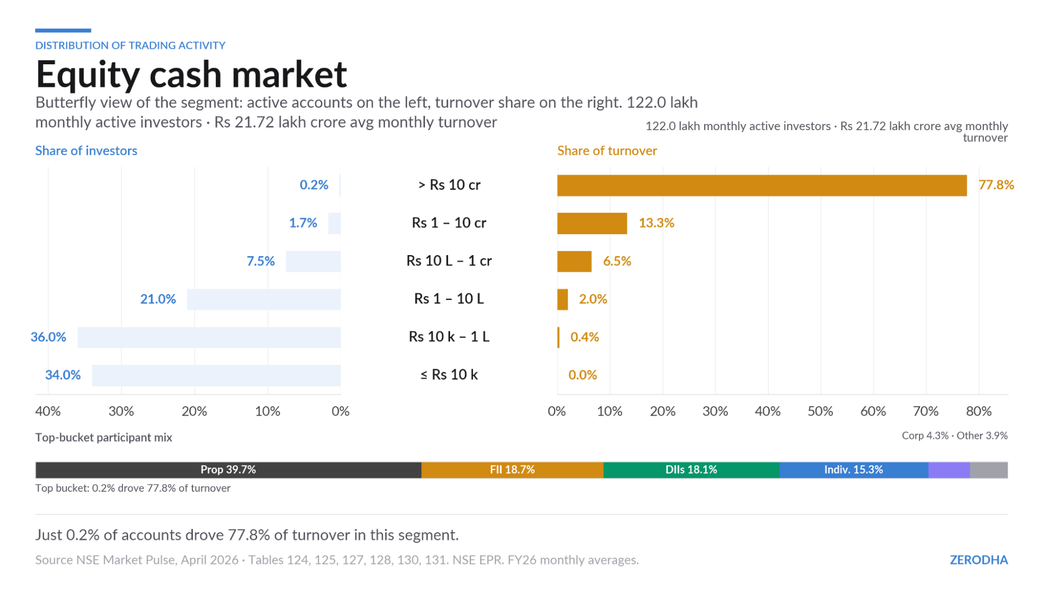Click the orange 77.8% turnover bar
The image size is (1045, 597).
click(762, 186)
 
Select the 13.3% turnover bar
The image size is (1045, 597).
click(592, 223)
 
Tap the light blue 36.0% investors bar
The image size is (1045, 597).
click(209, 337)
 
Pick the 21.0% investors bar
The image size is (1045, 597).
click(264, 300)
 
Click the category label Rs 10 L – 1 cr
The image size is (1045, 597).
click(449, 261)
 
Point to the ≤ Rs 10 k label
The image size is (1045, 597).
click(449, 375)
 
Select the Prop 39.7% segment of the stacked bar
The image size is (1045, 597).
click(228, 470)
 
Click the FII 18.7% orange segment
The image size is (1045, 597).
click(512, 470)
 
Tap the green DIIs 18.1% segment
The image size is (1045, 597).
click(691, 470)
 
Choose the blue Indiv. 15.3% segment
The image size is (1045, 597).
click(854, 470)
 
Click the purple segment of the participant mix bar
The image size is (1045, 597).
click(949, 470)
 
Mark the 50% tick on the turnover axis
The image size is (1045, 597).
click(820, 411)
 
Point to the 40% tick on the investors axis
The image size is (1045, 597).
click(48, 411)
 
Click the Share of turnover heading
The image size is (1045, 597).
click(607, 151)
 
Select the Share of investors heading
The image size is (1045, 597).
click(86, 151)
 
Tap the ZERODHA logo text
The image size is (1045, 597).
click(979, 560)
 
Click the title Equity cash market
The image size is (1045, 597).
click(191, 74)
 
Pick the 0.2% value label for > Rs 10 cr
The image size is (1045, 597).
click(314, 185)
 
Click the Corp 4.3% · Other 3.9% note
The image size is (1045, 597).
click(955, 435)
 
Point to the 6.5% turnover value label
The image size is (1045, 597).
click(617, 261)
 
